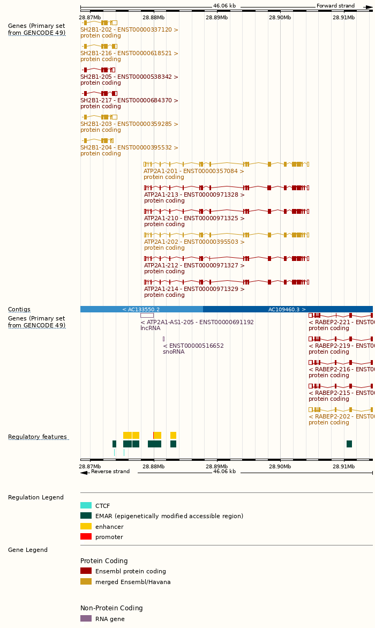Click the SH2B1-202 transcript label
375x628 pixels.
point(129,30)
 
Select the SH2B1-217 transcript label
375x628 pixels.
point(129,101)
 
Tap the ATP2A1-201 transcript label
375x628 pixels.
point(193,171)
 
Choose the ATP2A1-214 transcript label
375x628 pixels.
point(194,289)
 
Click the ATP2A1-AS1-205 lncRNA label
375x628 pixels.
point(197,323)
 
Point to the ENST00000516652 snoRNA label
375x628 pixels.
point(193,346)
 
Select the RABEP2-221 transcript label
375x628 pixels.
point(341,323)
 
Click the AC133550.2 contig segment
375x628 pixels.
point(141,309)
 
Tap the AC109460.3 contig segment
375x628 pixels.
point(287,309)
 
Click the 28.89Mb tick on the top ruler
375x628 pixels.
point(217,18)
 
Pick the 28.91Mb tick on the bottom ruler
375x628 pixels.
point(343,467)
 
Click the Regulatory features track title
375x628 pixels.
point(37,437)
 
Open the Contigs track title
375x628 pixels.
point(19,310)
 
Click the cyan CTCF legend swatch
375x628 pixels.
point(86,505)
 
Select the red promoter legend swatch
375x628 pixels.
point(86,537)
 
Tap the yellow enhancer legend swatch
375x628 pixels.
point(86,526)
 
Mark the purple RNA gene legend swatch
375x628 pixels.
point(86,618)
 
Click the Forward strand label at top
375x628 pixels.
point(335,6)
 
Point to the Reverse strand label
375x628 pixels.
point(110,472)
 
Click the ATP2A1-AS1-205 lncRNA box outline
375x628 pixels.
point(147,316)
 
